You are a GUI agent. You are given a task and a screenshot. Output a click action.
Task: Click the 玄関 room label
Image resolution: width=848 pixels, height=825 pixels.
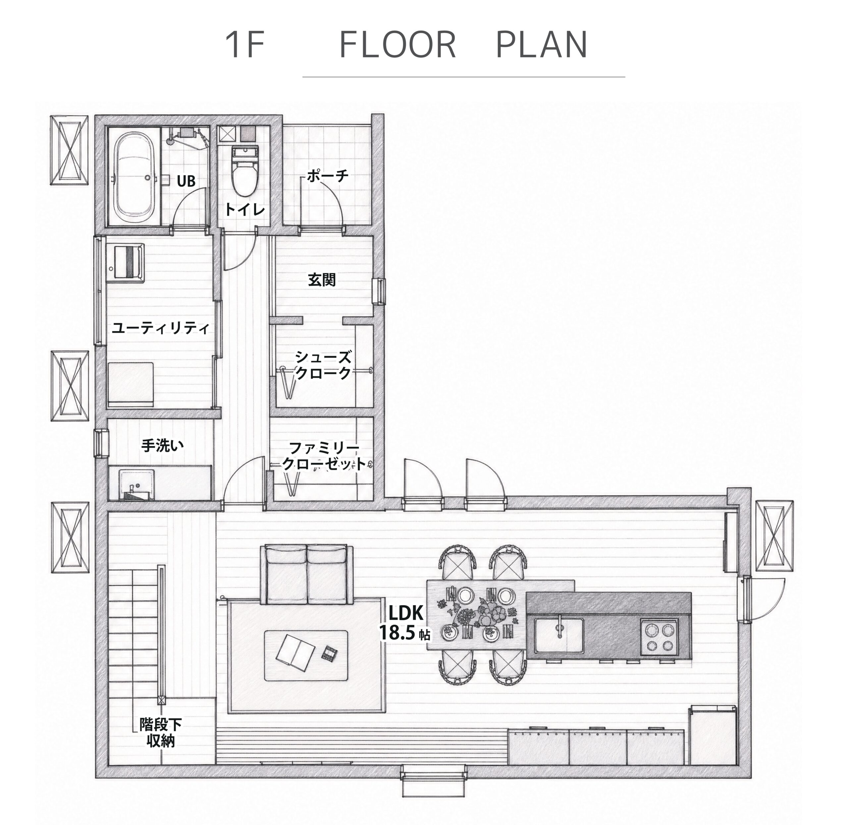322,280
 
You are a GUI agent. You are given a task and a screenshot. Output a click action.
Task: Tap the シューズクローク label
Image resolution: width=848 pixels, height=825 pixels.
323,365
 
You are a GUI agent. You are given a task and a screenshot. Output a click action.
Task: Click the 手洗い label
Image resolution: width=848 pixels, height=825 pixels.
162,445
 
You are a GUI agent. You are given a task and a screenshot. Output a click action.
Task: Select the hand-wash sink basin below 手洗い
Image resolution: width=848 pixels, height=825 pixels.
137,484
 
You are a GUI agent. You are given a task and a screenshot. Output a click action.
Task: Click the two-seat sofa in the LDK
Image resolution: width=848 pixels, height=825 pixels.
306,575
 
